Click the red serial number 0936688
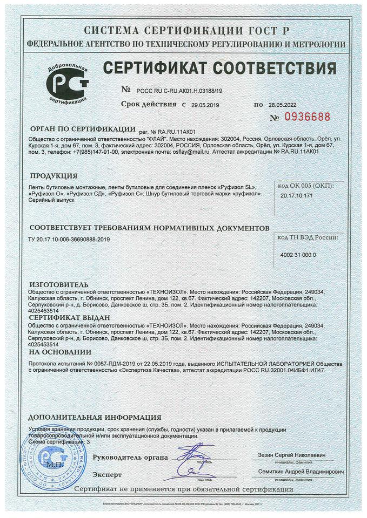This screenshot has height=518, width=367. coord(308,117)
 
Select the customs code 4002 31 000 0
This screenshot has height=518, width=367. coord(299,254)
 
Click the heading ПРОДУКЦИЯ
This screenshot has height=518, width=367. coord(54,176)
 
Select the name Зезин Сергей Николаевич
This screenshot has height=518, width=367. coord(293,455)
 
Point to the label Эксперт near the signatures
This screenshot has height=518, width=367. coord(107,474)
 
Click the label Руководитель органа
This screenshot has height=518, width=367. coord(130,458)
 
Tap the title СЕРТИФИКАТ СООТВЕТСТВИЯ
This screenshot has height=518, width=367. coord(219,69)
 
